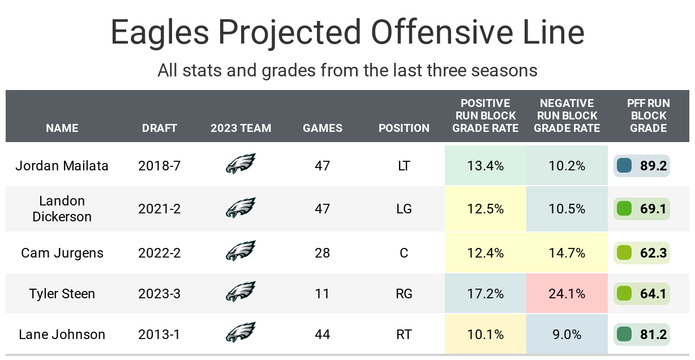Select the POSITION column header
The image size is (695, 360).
(x=404, y=128)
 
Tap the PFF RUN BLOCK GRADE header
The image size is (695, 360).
(x=649, y=115)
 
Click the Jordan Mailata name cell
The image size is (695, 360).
(x=62, y=166)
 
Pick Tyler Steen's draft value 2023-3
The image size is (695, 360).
(x=160, y=294)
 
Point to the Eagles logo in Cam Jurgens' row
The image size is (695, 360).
(x=241, y=251)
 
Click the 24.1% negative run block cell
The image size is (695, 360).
(x=567, y=294)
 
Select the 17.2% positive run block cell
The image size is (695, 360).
(x=486, y=294)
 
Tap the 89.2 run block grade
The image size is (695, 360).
(x=654, y=166)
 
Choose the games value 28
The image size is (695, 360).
(x=323, y=253)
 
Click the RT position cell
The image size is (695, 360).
(x=404, y=335)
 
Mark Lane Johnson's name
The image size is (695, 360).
(x=62, y=335)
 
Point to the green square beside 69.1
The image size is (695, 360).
(x=624, y=209)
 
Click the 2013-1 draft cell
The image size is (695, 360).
(x=160, y=335)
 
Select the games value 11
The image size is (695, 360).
(x=323, y=294)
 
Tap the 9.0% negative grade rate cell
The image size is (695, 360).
(x=567, y=335)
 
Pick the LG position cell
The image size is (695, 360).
(x=404, y=209)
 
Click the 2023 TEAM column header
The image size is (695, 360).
(x=241, y=128)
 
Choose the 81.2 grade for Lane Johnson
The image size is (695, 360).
(x=654, y=335)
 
